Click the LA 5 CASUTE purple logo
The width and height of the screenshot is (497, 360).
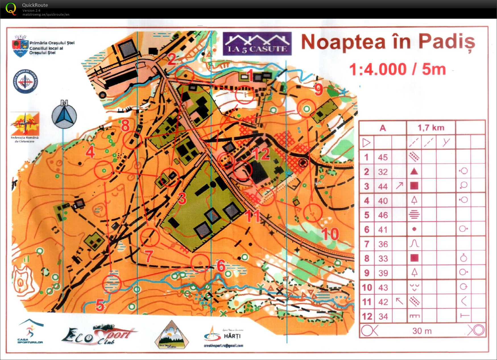coord(257,44)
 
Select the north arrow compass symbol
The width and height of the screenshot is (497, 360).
coord(64,114)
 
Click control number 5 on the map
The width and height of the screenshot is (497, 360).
coord(100,305)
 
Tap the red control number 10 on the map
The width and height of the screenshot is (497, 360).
coord(330,234)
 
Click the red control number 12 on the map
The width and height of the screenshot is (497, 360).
coord(261,154)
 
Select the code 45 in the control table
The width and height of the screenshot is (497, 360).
coord(383,157)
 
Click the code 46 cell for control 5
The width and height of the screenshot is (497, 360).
coord(383,215)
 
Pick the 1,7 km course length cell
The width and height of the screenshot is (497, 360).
coord(431,128)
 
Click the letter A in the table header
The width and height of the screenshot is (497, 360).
coord(383,128)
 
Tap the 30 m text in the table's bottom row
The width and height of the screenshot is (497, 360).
coord(422,331)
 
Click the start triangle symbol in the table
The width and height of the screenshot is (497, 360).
coord(366,142)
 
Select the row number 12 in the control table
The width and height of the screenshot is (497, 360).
coord(367,316)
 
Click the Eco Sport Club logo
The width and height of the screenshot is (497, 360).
coord(98,335)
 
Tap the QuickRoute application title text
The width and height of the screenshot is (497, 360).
coord(35,5)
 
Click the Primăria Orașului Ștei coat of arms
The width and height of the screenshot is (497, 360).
coord(20,46)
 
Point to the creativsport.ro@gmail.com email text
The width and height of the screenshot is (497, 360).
coord(223,346)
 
